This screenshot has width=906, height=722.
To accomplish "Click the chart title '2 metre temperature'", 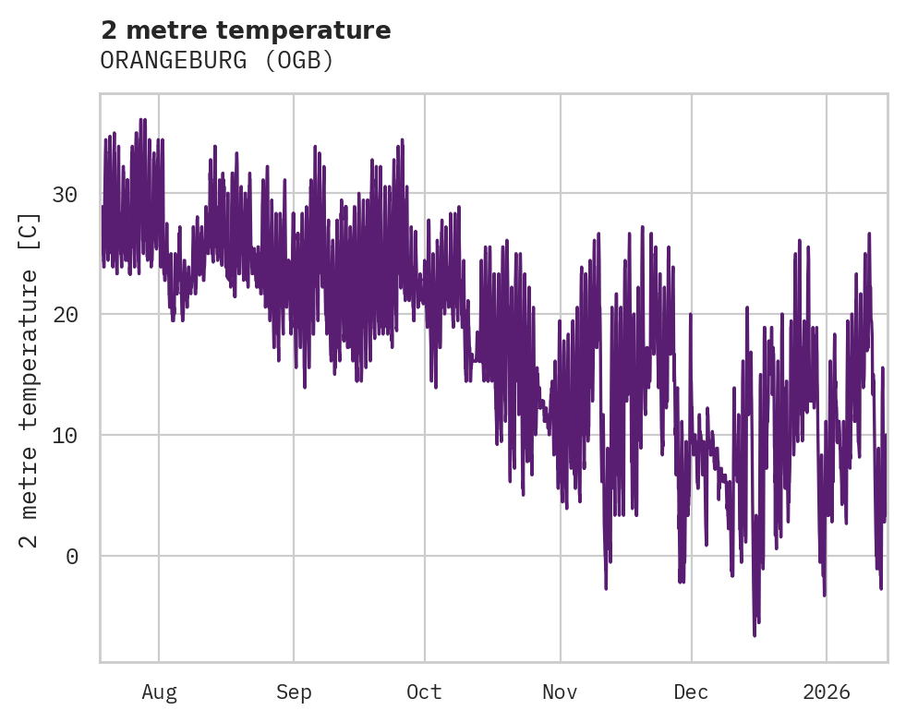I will pos(246,30).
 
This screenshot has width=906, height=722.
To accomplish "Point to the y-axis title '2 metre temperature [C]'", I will pos(30,379).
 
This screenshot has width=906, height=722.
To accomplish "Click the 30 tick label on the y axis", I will pos(64,194).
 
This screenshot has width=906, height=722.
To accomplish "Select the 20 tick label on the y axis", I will pos(64,315).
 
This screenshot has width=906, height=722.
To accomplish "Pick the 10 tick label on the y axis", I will pos(64,435).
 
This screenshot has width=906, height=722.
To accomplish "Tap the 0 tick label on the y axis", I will pos(70,556).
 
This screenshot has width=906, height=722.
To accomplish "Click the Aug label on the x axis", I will pos(159,692).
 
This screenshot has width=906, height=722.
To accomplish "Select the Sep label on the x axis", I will pos(294,692).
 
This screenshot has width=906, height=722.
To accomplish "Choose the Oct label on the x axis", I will pos(425,692).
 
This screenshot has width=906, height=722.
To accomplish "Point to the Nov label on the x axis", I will pos(560,692).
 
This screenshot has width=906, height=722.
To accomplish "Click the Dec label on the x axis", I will pos(691,692).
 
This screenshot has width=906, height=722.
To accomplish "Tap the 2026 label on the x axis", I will pos(826,692).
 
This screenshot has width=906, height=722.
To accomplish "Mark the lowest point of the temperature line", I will pos(755,635).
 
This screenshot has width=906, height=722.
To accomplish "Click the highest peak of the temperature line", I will pos(142,119).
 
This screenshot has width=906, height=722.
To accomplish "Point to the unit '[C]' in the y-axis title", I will pos(30,231).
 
